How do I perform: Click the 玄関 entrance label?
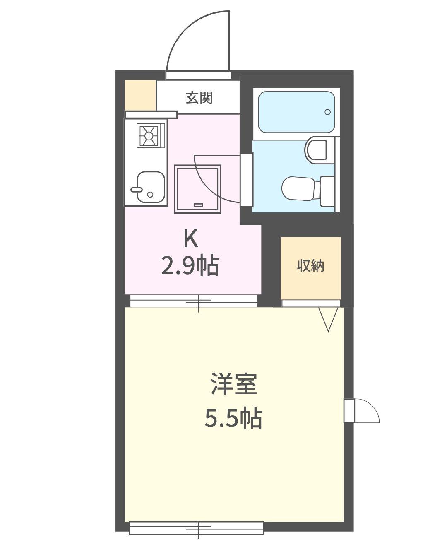(199, 98)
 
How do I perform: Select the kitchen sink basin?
(151, 187)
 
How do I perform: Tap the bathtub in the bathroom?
(296, 112)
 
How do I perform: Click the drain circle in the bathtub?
(327, 112)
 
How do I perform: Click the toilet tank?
(327, 191)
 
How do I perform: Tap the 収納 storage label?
(311, 266)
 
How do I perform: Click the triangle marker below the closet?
(328, 319)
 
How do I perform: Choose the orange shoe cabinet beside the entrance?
(141, 95)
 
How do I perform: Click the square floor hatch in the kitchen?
(197, 189)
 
